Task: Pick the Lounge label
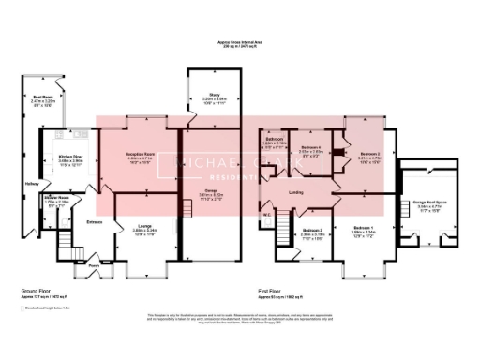143,226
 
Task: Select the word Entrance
95,221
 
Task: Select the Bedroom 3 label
312,230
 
